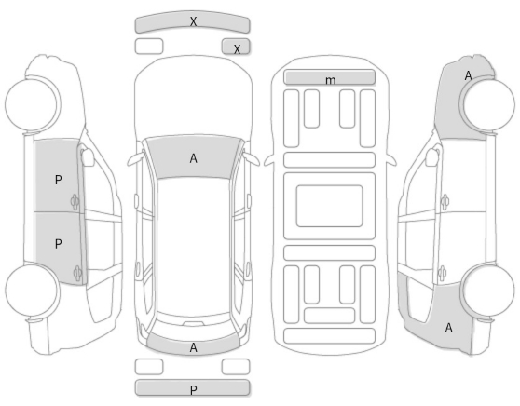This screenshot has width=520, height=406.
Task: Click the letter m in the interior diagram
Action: (x=330, y=80)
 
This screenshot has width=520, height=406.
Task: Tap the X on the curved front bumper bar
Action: (x=193, y=21)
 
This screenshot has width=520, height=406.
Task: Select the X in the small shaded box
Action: (x=237, y=49)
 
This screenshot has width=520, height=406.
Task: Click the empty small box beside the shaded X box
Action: (x=149, y=46)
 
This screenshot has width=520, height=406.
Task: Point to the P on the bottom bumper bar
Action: (x=194, y=390)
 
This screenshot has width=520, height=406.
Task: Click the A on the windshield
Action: (x=193, y=158)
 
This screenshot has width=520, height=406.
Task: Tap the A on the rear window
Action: (x=193, y=347)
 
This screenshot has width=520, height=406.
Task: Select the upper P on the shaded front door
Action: (x=58, y=180)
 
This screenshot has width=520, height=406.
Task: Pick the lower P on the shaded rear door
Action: (x=58, y=244)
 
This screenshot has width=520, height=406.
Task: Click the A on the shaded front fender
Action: (x=468, y=76)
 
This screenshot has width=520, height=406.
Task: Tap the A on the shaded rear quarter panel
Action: (x=448, y=328)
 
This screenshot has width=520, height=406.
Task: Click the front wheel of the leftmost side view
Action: (x=33, y=104)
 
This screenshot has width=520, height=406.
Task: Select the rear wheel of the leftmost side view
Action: (x=33, y=291)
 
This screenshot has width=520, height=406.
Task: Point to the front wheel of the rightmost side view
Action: (x=487, y=104)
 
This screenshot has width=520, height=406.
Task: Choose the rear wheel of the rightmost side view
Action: (x=487, y=291)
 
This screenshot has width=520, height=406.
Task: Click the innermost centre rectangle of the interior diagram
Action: (x=329, y=206)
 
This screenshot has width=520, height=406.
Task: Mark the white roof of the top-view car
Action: (x=193, y=247)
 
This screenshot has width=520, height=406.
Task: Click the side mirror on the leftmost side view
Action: (x=88, y=157)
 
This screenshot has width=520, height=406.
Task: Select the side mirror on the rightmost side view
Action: (x=431, y=157)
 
